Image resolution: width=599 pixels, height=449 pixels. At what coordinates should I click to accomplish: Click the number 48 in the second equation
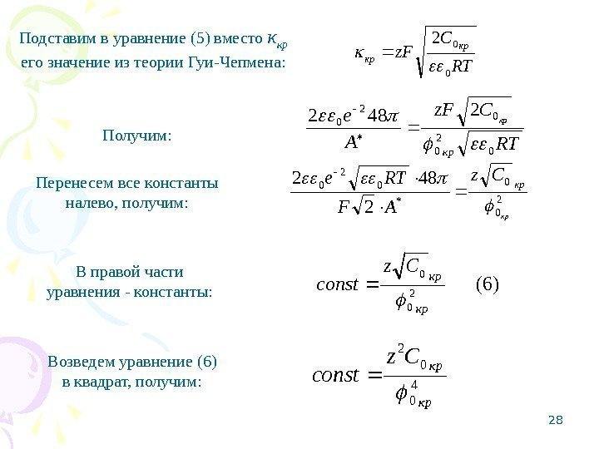[384, 113]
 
